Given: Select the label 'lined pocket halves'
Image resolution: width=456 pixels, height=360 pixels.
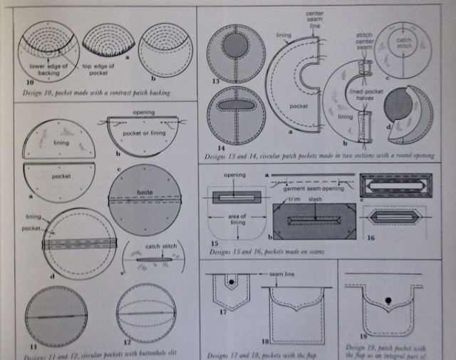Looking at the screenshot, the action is click(x=371, y=97).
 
